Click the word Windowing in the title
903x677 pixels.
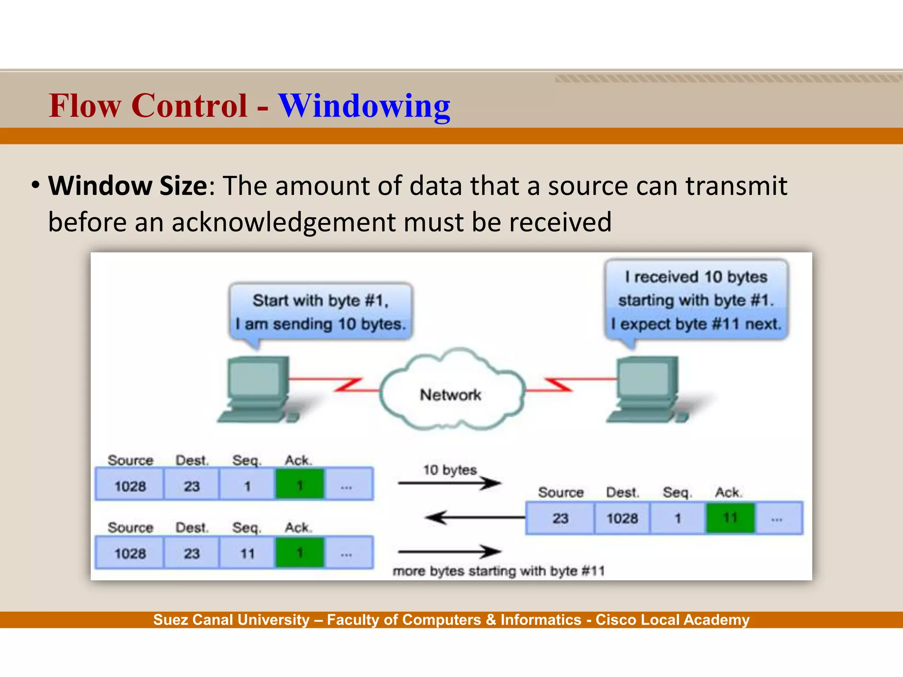pyautogui.click(x=364, y=106)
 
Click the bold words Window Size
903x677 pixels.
pyautogui.click(x=127, y=186)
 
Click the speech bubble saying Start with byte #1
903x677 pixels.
pyautogui.click(x=321, y=312)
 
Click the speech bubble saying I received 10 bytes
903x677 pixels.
pyautogui.click(x=696, y=300)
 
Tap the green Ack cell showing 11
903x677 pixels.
pyautogui.click(x=730, y=518)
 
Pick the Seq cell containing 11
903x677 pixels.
pyautogui.click(x=247, y=553)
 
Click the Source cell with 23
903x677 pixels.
pyautogui.click(x=560, y=518)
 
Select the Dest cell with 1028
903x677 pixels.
pyautogui.click(x=622, y=518)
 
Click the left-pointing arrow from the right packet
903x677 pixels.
pyautogui.click(x=474, y=517)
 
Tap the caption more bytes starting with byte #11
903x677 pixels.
pyautogui.click(x=498, y=571)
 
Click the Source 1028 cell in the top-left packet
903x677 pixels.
pyautogui.click(x=130, y=486)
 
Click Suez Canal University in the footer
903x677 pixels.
pyautogui.click(x=231, y=620)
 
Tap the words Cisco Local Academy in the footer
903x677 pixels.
pyautogui.click(x=672, y=620)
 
